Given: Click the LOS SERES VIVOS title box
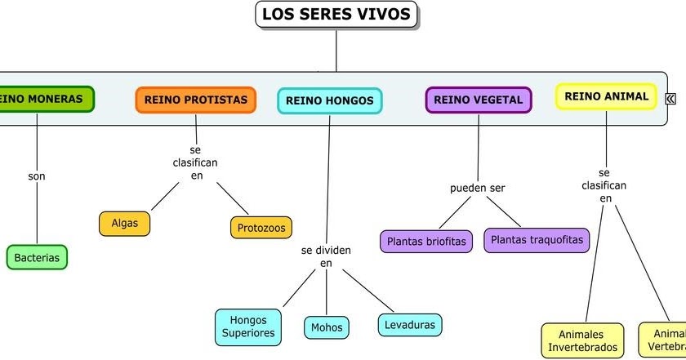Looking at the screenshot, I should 336,15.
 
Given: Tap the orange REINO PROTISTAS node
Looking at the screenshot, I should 195,100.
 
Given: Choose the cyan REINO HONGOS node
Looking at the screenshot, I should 330,101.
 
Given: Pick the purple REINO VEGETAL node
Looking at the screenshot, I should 478,100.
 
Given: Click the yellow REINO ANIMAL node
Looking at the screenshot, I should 606,96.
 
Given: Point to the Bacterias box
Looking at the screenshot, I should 37,257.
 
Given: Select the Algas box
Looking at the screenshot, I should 125,223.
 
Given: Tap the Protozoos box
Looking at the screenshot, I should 261,227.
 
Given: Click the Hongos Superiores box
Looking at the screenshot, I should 249,327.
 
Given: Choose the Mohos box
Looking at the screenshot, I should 327,328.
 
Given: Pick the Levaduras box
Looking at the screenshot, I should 410,325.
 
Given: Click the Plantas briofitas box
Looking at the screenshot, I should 425,242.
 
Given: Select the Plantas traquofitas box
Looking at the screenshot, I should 537,240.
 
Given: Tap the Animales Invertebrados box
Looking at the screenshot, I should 582,340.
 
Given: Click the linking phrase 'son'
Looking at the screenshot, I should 37,176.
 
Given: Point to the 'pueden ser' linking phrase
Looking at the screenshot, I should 478,188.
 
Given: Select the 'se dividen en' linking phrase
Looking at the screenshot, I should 326,256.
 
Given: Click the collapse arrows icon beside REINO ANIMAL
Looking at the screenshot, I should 670,98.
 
